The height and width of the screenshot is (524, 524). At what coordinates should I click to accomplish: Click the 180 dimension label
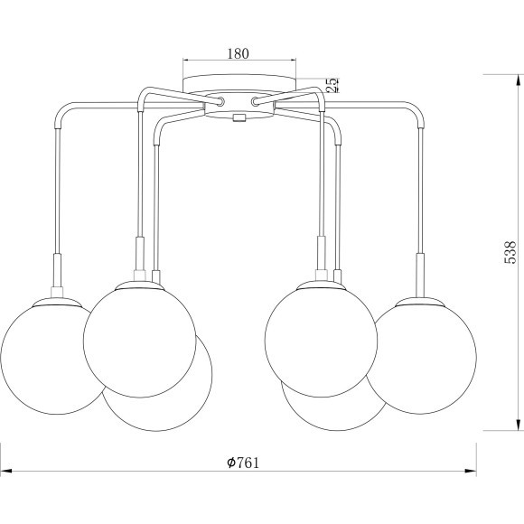point(239,53)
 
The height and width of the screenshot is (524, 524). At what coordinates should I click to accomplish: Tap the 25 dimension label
point(331,85)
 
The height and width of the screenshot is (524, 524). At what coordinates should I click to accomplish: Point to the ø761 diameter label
point(243,463)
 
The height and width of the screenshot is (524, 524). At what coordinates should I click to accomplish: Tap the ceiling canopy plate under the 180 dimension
point(239,83)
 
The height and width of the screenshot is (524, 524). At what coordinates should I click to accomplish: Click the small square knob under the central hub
point(239,117)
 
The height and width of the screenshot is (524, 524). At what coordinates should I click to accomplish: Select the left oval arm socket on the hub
point(220,100)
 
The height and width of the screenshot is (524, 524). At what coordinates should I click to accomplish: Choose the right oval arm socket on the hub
point(255,100)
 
